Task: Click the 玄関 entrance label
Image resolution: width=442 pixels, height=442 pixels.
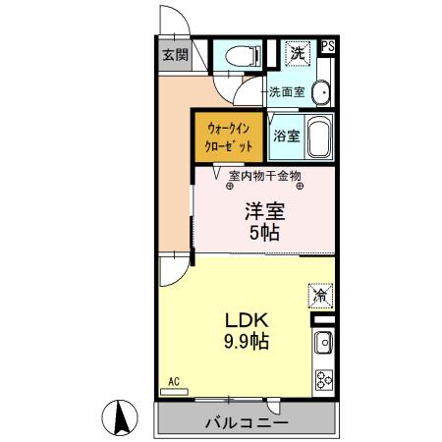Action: point(176,55)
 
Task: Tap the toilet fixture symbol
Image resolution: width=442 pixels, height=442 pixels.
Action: point(237,57)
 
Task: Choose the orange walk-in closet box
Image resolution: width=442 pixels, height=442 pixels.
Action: point(229,136)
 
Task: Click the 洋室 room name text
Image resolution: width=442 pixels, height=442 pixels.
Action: point(263,210)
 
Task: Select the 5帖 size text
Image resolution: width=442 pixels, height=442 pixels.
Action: point(263,233)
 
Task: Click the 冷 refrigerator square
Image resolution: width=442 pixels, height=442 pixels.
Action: point(320,292)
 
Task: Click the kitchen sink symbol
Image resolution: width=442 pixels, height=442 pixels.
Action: point(323,344)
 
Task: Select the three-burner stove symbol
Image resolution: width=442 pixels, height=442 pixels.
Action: point(323,379)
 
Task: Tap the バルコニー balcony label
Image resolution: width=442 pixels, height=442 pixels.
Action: point(246,423)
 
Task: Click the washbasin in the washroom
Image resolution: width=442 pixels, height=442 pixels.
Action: point(321,92)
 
